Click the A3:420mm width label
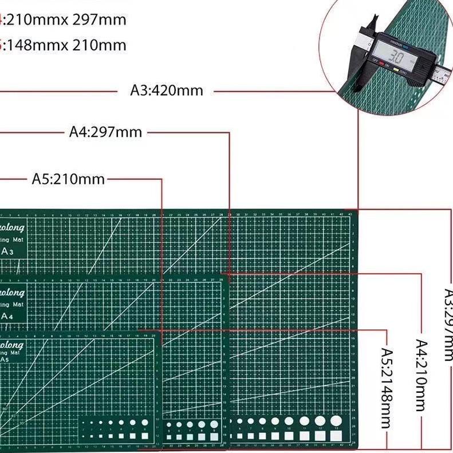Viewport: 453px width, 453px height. coord(167,90)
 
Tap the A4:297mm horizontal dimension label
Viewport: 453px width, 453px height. coord(105,132)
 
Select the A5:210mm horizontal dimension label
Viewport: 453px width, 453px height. coord(68,179)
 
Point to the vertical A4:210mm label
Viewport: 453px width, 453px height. coord(421,375)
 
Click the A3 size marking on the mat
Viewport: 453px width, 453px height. coord(8,251)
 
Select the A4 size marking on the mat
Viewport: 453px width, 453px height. coord(8,316)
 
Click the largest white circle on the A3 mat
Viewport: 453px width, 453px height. coord(335,421)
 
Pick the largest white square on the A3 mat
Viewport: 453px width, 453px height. coord(335,435)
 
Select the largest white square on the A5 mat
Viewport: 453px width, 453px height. coord(145,436)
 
